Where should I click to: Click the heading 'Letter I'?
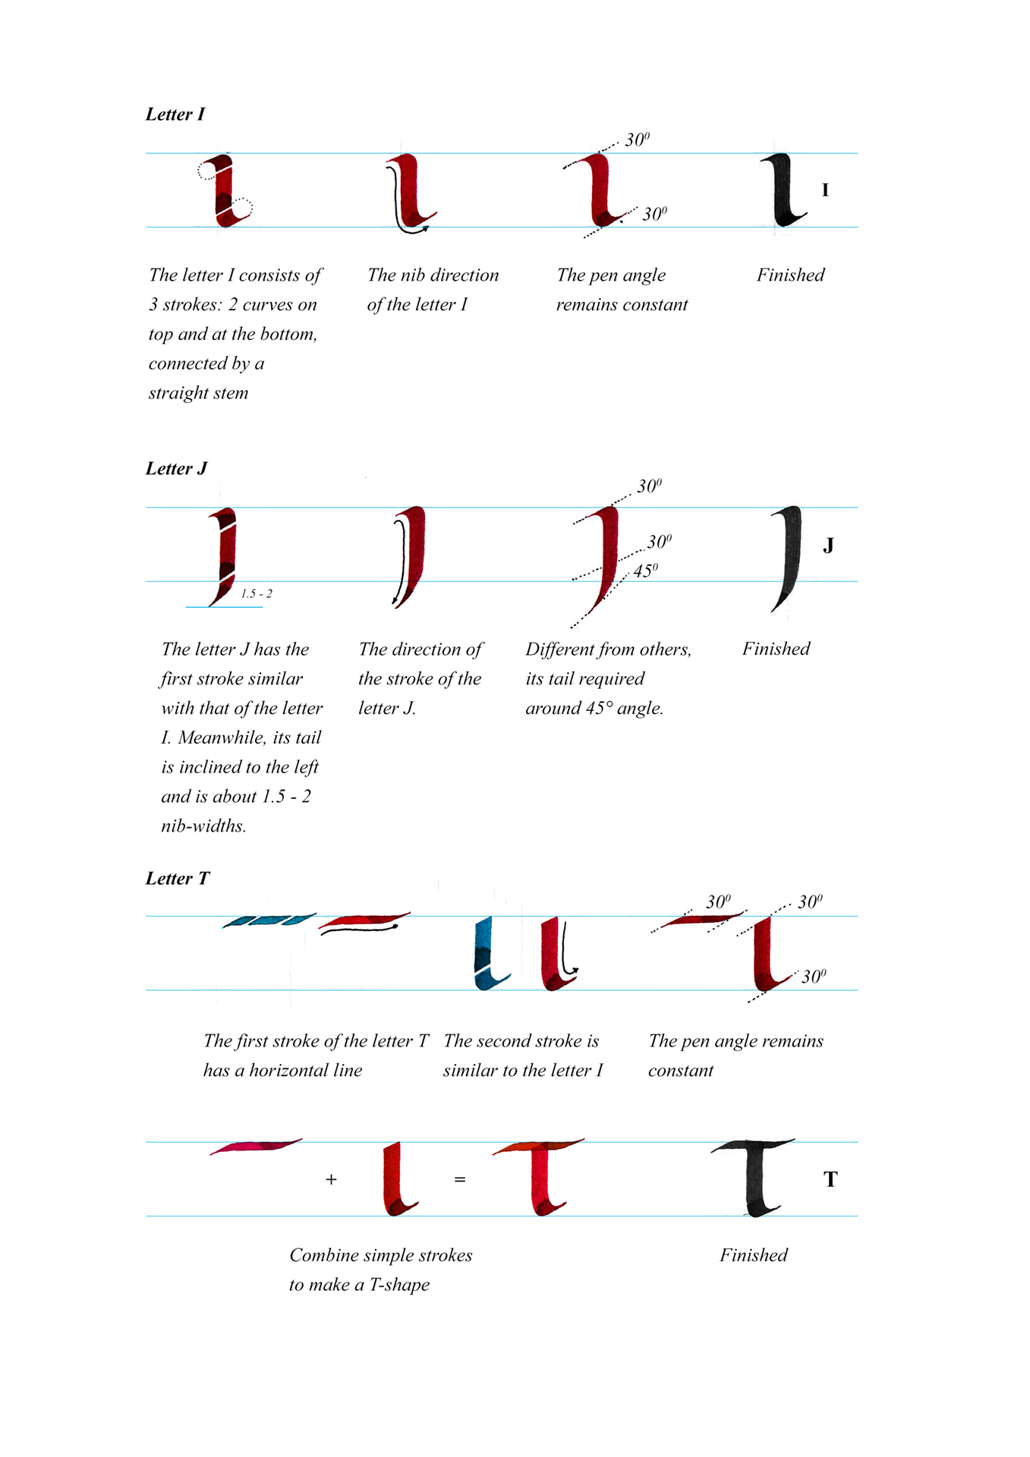click(x=175, y=115)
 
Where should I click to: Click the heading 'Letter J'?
click(x=176, y=469)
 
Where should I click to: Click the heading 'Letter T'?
click(x=178, y=879)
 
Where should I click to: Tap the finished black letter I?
click(x=783, y=190)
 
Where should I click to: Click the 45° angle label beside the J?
click(x=645, y=571)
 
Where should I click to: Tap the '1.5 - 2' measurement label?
click(x=257, y=594)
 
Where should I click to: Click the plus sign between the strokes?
click(x=331, y=1179)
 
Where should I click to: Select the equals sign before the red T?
click(x=460, y=1179)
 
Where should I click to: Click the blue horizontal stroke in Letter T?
click(x=269, y=920)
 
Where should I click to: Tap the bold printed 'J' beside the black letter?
click(x=828, y=546)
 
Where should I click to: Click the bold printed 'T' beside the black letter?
click(x=830, y=1179)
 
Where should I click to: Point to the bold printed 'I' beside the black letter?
click(x=825, y=190)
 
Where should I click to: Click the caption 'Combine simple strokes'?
click(x=380, y=1255)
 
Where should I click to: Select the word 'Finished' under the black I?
click(x=790, y=275)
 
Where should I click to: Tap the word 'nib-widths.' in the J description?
click(x=203, y=826)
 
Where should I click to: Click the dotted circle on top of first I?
click(x=207, y=169)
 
